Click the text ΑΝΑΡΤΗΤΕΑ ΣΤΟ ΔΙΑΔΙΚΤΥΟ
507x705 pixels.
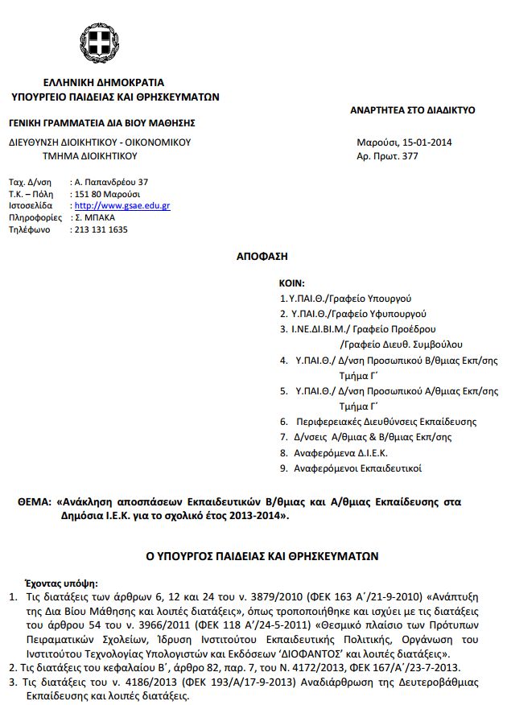tap(413, 109)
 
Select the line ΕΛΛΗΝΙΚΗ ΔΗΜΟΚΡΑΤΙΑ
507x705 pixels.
tap(105, 82)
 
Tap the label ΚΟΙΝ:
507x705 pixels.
tap(291, 284)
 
